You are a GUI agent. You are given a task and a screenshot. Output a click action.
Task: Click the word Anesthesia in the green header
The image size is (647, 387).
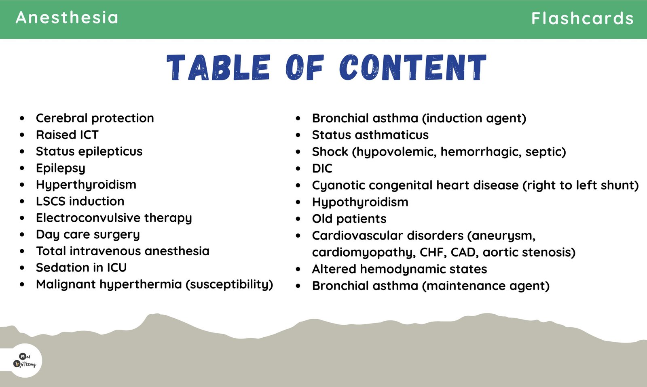point(67,18)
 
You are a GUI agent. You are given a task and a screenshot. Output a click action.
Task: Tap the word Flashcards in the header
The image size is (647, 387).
point(582,18)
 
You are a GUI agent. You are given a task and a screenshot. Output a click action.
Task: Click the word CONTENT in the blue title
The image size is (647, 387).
point(413,67)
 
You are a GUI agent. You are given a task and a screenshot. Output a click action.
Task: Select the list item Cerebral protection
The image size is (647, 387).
point(95,118)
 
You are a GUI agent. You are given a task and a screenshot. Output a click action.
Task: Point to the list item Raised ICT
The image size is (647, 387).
point(67,135)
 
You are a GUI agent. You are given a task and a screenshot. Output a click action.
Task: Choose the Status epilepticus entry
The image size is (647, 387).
point(89,151)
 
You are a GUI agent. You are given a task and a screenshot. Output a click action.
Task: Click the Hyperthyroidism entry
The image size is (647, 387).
point(86,185)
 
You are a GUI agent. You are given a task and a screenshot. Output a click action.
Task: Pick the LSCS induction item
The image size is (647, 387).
point(80,201)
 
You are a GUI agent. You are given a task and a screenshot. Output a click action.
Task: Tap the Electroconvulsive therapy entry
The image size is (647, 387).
point(114,218)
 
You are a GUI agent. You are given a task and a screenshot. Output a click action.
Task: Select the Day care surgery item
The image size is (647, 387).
point(88,235)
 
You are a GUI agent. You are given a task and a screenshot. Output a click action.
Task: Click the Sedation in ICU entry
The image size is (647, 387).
point(81,267)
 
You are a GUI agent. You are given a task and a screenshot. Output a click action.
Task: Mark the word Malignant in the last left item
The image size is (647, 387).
point(66,284)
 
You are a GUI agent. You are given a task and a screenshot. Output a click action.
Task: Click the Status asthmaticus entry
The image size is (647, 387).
point(370,135)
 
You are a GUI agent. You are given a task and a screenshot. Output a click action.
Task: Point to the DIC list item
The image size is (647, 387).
point(322,168)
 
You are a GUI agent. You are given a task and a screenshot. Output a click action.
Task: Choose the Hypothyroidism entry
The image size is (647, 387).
point(360,202)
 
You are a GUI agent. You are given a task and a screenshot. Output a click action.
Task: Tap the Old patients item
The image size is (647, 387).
point(349,219)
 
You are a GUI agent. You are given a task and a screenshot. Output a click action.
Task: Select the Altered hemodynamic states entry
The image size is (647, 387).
point(400,269)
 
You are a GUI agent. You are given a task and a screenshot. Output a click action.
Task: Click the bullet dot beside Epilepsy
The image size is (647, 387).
point(22,168)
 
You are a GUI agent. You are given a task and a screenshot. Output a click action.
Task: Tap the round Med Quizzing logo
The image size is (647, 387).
point(25,361)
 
